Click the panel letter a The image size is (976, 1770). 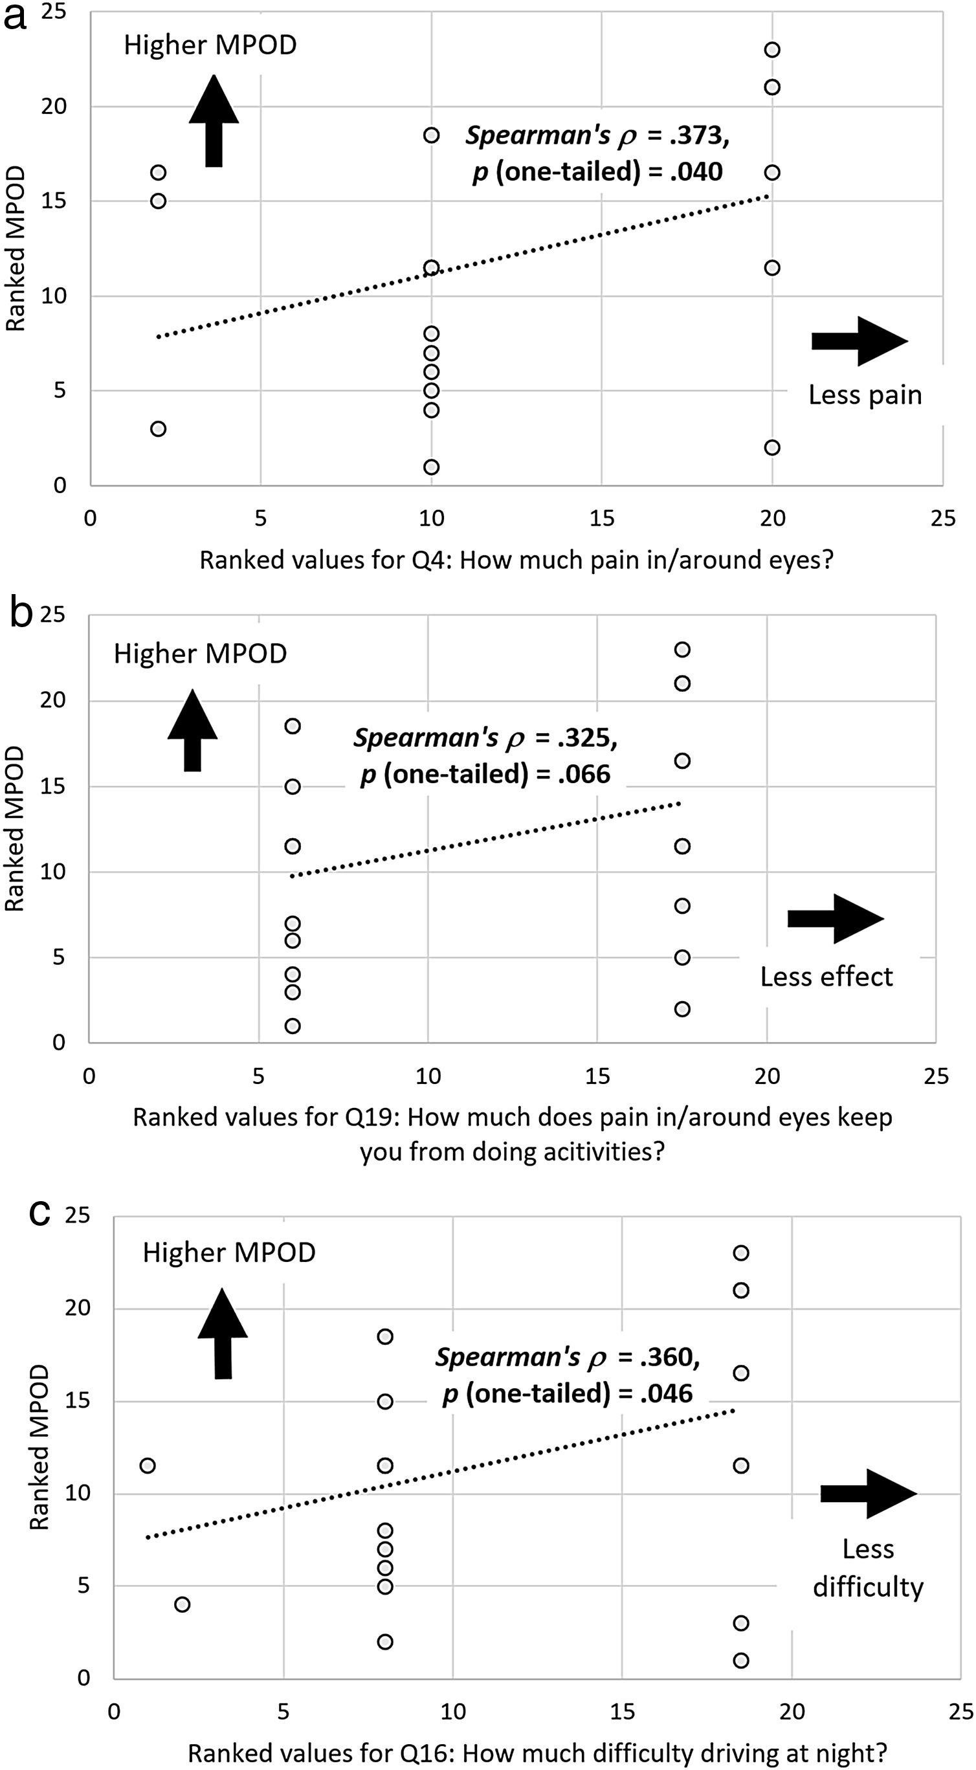(x=14, y=16)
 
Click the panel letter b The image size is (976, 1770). (x=21, y=614)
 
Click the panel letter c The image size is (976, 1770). (x=39, y=1213)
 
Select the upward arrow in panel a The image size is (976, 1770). (x=214, y=122)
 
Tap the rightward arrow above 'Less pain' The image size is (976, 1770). (x=859, y=341)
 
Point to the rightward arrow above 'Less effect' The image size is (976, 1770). (x=835, y=919)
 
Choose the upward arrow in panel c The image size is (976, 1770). (x=223, y=1334)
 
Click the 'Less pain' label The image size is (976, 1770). (x=865, y=395)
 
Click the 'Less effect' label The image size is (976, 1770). (x=826, y=977)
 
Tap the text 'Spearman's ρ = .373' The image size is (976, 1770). (x=597, y=135)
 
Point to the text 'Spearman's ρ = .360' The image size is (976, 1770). (x=567, y=1357)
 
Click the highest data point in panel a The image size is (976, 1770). (x=772, y=49)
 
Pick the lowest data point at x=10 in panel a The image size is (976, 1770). (x=431, y=467)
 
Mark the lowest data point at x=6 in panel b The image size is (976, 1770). (x=293, y=1026)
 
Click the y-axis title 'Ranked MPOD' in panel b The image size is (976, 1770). (x=14, y=830)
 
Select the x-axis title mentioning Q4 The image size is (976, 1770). (x=516, y=560)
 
